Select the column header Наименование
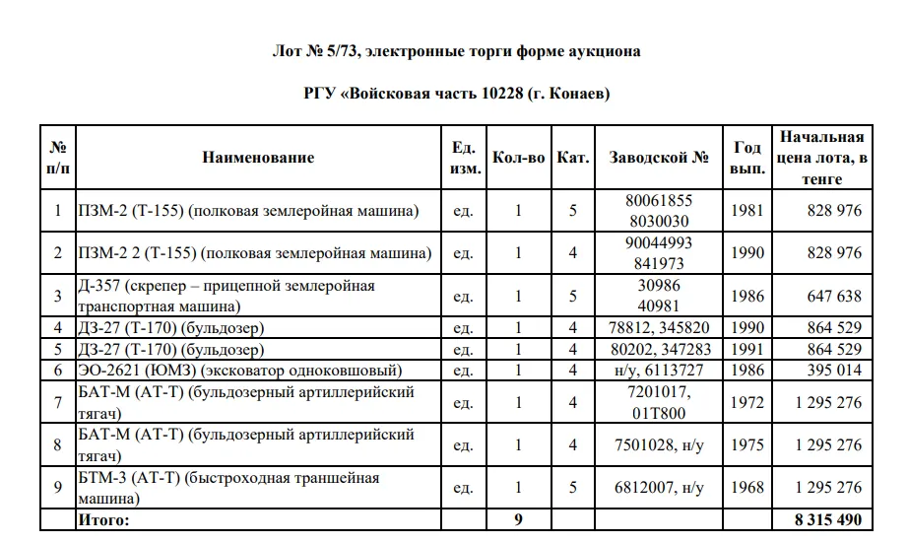point(258,158)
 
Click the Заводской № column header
point(659,158)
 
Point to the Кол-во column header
point(518,158)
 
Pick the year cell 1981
point(747,210)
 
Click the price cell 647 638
point(833,296)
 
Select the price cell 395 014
point(833,370)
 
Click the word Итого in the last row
point(103,517)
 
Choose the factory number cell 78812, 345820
point(659,327)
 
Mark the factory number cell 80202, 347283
point(659,349)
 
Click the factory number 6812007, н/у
point(659,488)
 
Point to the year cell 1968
point(747,488)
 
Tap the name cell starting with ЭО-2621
point(239,370)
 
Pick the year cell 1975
point(747,445)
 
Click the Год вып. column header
point(747,158)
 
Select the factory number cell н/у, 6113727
point(659,370)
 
